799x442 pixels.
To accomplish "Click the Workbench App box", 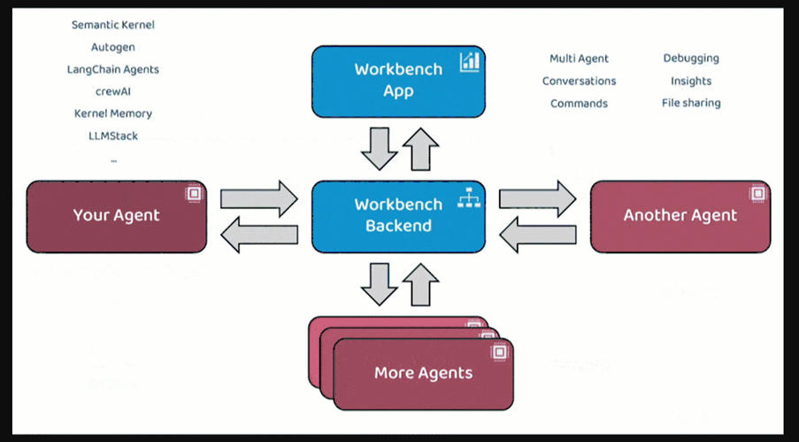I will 398,81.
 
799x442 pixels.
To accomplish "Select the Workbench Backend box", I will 398,215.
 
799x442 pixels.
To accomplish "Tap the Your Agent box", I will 117,215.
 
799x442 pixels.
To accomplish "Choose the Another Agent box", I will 680,215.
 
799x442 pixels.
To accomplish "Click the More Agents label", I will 423,372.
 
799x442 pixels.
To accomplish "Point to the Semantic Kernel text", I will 113,25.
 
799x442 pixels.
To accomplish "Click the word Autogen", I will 113,47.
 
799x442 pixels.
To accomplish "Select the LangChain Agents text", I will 113,69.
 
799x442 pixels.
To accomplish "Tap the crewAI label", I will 113,91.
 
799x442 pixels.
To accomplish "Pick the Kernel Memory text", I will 113,113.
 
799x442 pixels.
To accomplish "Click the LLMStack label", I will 113,136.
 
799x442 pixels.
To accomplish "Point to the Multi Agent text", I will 579,58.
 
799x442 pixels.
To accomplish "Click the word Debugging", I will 691,58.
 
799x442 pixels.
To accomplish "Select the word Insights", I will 691,81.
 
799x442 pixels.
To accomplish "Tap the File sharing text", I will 691,103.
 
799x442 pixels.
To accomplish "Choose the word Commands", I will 579,104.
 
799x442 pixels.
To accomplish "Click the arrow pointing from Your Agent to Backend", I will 259,198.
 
